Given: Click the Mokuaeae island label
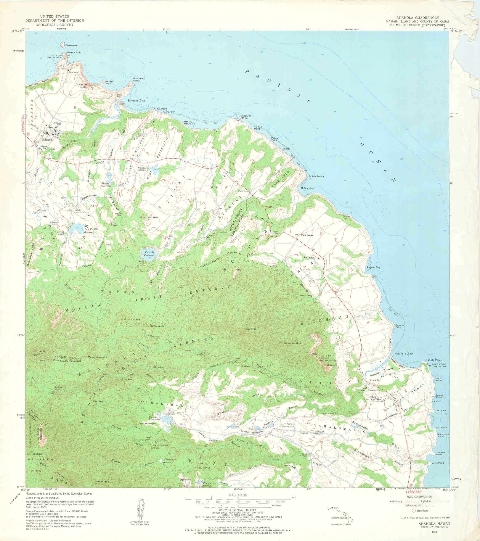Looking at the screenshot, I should [71, 45].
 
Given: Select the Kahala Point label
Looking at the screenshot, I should [433, 360].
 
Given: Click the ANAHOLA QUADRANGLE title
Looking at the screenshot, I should [417, 18].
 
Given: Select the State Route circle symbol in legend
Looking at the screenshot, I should [414, 510].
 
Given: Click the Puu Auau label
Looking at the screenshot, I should [307, 235].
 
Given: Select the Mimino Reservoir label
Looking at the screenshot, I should [207, 484].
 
